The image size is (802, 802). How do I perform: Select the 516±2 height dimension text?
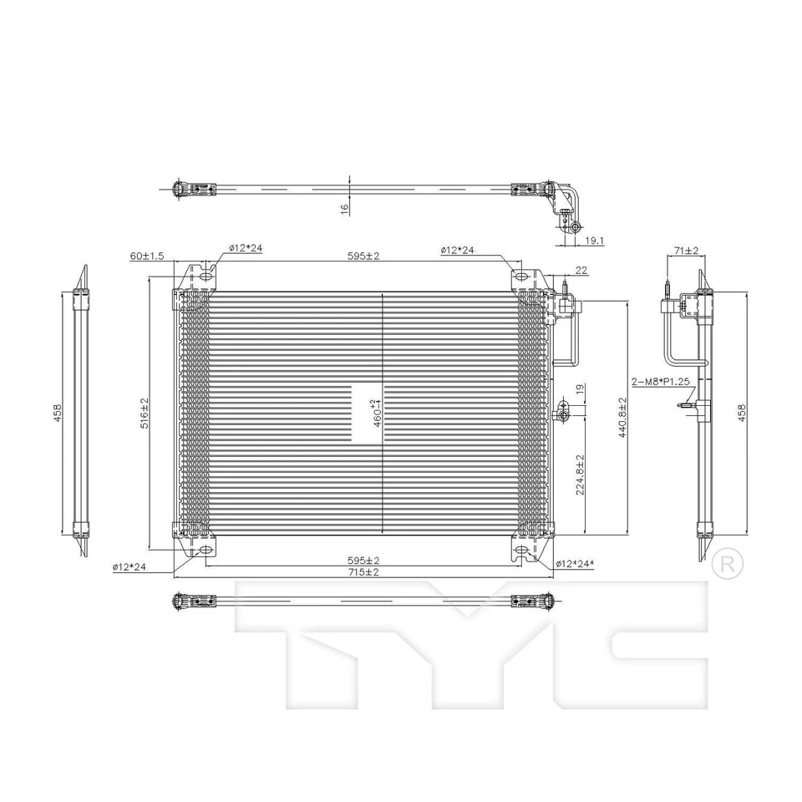(x=144, y=414)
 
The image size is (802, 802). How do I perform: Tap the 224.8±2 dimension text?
(x=579, y=475)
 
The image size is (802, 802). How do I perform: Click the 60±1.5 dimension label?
(x=147, y=256)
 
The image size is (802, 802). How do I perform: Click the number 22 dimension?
(x=581, y=270)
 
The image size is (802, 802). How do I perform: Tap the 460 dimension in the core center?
(x=365, y=414)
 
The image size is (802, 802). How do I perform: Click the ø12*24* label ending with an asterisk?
(x=575, y=565)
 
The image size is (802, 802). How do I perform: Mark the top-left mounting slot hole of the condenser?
(x=203, y=276)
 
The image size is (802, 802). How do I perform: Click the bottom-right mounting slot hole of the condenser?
(x=520, y=551)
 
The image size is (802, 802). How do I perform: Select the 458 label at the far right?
(x=741, y=413)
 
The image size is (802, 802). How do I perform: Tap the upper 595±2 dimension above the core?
(x=365, y=256)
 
